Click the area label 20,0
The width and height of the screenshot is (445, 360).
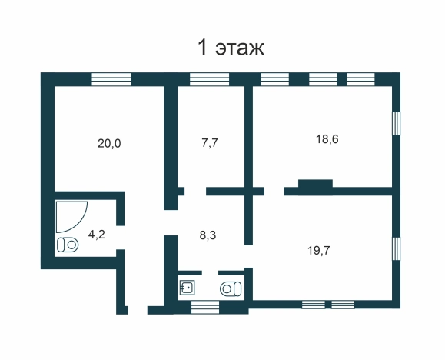point(109,144)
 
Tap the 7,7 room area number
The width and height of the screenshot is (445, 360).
point(210,142)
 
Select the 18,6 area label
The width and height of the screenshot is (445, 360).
point(327,139)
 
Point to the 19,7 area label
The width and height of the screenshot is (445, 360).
point(319,251)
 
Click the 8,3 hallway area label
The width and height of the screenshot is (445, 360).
point(208,235)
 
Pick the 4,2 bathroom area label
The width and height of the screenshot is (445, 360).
point(97,235)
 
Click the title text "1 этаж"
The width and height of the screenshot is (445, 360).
point(231,48)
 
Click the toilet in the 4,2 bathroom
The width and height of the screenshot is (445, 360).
point(68,245)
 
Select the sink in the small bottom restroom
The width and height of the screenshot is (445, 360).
point(187,287)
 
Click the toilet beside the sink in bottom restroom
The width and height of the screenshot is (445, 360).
point(231,288)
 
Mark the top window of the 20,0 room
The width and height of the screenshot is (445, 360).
point(111,79)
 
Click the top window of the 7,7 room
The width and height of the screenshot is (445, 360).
point(209,79)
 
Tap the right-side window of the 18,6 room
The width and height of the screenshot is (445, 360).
point(396,123)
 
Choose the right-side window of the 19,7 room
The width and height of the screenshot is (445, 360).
point(396,248)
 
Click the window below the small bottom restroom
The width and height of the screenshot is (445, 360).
point(205,308)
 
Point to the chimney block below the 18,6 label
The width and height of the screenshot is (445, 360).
point(315,184)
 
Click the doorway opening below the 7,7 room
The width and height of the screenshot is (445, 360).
point(195,192)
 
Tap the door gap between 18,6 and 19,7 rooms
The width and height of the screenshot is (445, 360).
point(274,192)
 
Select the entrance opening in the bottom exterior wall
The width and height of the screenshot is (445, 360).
point(138,310)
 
